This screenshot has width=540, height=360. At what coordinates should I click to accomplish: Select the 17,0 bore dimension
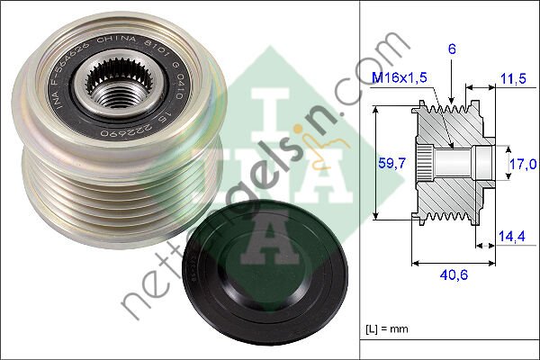(522, 163)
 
